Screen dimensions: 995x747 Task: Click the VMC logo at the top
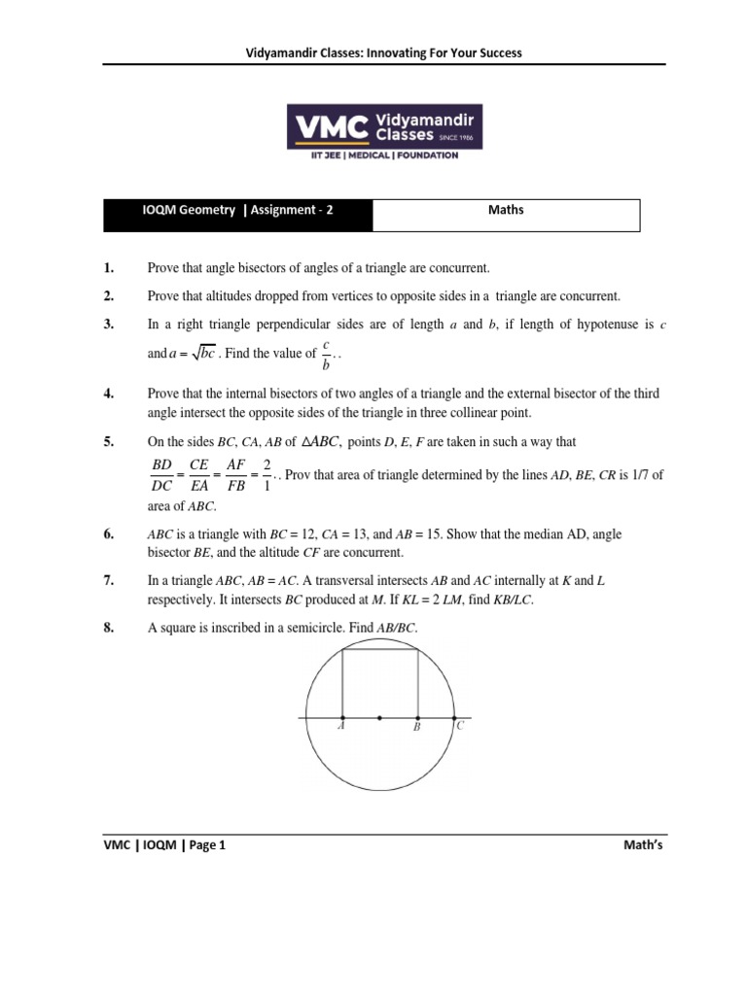tap(384, 132)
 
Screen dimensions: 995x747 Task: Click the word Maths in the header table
tap(506, 210)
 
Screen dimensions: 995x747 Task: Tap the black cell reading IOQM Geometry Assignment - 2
tap(238, 210)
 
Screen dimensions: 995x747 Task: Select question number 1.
tap(109, 268)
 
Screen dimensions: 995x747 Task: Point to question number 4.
tap(109, 394)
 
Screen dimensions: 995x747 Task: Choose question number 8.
tap(109, 629)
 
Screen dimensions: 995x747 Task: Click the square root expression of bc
tap(198, 353)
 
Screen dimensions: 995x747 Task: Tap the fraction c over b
tap(327, 355)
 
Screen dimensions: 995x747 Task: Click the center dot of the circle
tap(379, 719)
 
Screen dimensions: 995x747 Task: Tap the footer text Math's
tap(643, 845)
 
